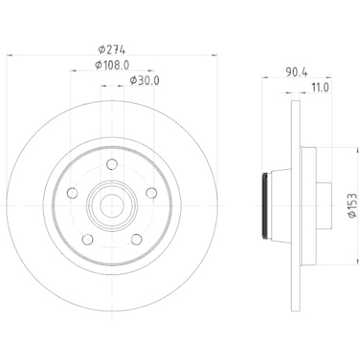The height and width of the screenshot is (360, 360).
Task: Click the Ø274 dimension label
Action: click(x=111, y=50)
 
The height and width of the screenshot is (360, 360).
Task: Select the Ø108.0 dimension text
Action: click(x=112, y=65)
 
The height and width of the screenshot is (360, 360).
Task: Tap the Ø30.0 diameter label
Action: click(x=143, y=80)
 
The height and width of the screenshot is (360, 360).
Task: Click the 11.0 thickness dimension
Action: click(x=319, y=88)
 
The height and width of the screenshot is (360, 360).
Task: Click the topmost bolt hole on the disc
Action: click(x=112, y=165)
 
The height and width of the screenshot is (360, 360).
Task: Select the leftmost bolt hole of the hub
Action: click(x=72, y=193)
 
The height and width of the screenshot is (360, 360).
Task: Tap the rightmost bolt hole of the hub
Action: click(x=151, y=192)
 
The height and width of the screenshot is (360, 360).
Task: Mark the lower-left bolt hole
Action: click(x=87, y=239)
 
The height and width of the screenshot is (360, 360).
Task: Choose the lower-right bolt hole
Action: click(x=136, y=239)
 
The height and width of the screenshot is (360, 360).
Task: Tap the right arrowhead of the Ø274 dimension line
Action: click(x=215, y=56)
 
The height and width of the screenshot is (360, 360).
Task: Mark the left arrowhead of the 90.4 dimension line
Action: click(x=262, y=79)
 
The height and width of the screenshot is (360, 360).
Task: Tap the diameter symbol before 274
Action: click(x=101, y=50)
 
